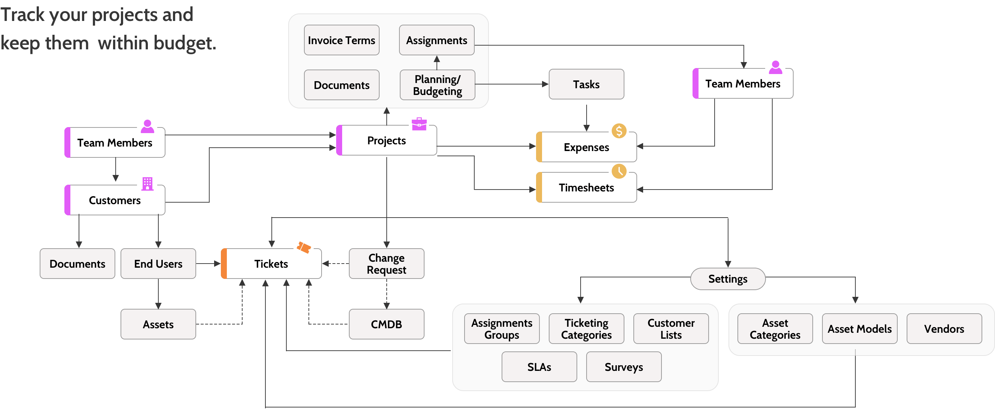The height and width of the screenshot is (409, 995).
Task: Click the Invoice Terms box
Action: click(x=341, y=40)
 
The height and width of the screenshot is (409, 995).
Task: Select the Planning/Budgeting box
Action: click(x=437, y=85)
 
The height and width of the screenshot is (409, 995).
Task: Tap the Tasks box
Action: click(x=586, y=84)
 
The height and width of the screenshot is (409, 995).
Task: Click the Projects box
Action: click(x=387, y=141)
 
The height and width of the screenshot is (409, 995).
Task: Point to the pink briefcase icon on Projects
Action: click(x=419, y=124)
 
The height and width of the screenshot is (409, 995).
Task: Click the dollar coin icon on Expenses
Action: click(x=619, y=131)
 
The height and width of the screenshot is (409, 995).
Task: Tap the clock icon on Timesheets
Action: click(x=619, y=171)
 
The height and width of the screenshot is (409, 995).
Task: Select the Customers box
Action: click(x=115, y=200)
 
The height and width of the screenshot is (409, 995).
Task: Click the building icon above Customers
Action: click(x=147, y=184)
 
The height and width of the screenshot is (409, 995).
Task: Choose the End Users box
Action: click(x=158, y=264)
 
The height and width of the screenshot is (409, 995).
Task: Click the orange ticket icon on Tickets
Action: click(x=304, y=247)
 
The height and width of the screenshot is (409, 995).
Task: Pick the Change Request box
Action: click(x=387, y=264)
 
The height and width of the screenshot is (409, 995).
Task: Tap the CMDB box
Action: click(x=387, y=324)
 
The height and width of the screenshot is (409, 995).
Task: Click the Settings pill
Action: click(x=728, y=279)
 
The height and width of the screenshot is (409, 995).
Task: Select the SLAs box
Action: click(x=539, y=367)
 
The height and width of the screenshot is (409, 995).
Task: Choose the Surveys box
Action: click(x=624, y=367)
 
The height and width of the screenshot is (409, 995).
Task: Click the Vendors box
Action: click(x=944, y=329)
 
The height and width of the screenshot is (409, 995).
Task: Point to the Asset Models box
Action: click(x=859, y=329)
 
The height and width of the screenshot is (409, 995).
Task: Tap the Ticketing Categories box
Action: click(x=586, y=329)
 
